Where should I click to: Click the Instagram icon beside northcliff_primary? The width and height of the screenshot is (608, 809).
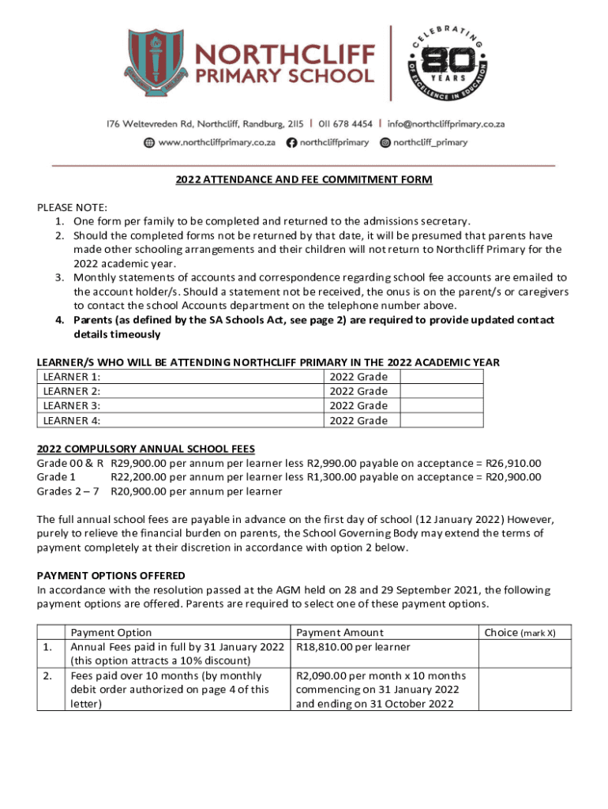click(x=385, y=143)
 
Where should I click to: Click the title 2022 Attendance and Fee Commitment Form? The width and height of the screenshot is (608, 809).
click(x=303, y=180)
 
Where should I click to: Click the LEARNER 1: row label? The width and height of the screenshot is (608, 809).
click(x=72, y=377)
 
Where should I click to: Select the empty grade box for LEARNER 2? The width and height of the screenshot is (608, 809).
click(x=442, y=391)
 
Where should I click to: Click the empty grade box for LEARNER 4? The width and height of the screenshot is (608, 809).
click(x=442, y=420)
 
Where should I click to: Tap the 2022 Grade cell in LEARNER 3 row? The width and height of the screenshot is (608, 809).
click(x=358, y=406)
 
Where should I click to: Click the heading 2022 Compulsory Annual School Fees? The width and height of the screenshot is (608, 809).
click(x=146, y=448)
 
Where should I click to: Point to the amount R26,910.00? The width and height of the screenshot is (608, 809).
click(x=513, y=463)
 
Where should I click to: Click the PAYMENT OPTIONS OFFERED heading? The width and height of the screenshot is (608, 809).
click(x=111, y=574)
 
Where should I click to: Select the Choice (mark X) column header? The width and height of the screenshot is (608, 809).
click(x=520, y=632)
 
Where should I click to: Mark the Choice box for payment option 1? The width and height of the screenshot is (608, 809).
click(x=520, y=653)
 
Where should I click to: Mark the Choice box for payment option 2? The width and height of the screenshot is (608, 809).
click(x=520, y=690)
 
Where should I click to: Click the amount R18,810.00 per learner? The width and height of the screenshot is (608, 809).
click(x=353, y=647)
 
